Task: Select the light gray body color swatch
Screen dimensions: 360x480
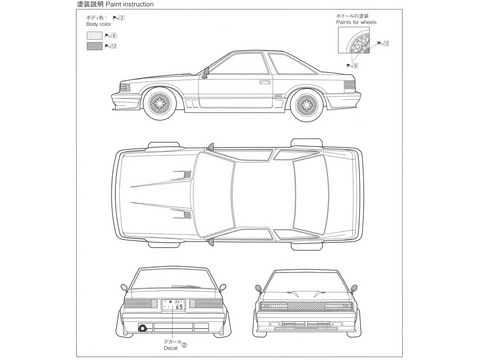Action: coord(94,34)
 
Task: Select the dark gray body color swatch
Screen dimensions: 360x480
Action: coord(94,46)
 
